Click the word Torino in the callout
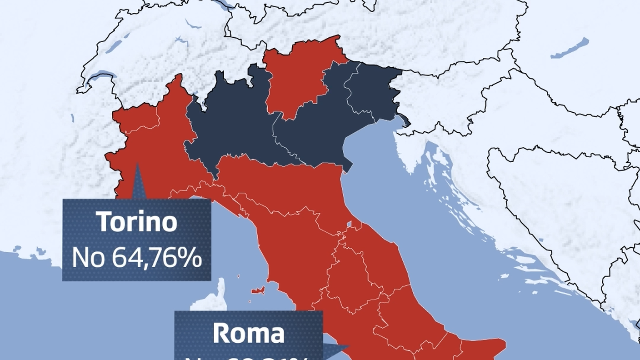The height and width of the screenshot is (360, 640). coord(137,222)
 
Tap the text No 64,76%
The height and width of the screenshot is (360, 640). coord(137,258)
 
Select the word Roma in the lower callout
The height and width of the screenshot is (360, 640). coord(248,333)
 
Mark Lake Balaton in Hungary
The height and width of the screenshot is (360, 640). coord(569,49)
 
